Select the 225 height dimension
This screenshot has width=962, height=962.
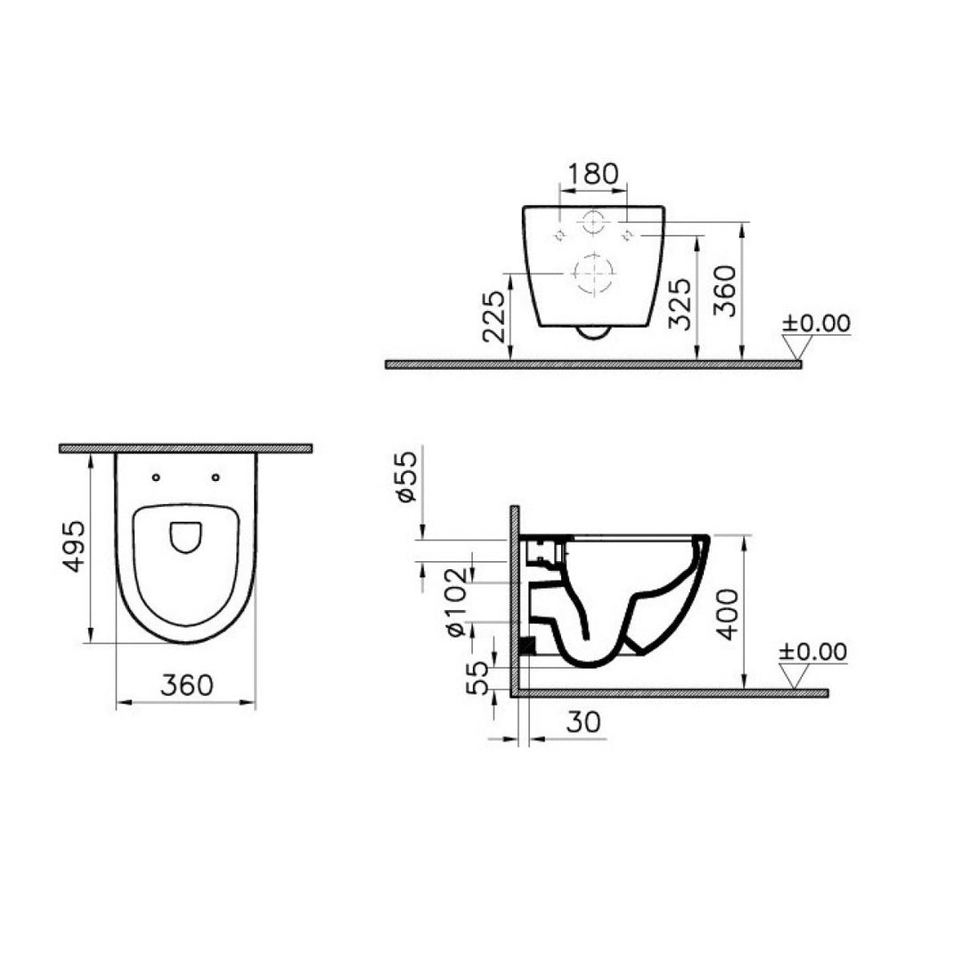(x=495, y=315)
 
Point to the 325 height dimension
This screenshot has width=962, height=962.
(x=680, y=305)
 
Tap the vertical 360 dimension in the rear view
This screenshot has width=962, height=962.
(x=725, y=292)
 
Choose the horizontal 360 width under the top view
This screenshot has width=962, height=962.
(x=187, y=686)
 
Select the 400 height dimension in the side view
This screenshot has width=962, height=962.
(x=728, y=614)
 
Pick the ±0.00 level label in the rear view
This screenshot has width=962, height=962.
(x=816, y=322)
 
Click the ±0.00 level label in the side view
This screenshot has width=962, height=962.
(x=812, y=652)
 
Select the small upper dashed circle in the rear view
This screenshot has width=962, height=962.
(x=593, y=222)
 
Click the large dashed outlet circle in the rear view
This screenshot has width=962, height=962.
(x=591, y=272)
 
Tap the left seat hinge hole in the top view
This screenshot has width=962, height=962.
(x=156, y=477)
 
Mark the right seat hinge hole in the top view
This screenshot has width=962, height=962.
(x=216, y=477)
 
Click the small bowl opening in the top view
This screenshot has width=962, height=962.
(x=185, y=535)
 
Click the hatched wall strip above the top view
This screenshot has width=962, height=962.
(x=185, y=448)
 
